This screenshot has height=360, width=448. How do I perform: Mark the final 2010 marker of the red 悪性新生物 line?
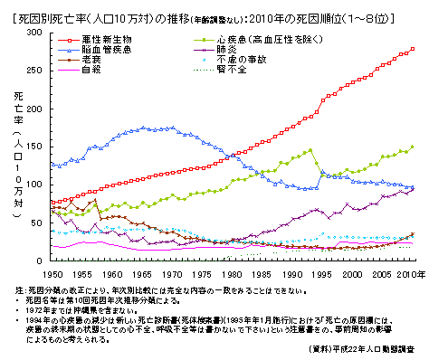pos(413,49)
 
